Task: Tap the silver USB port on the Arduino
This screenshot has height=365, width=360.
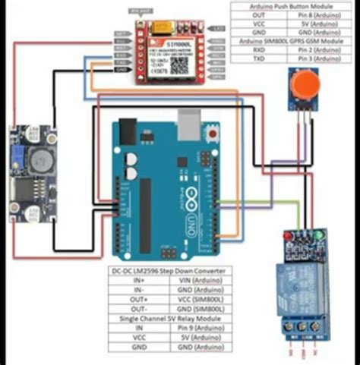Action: (x=188, y=121)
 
